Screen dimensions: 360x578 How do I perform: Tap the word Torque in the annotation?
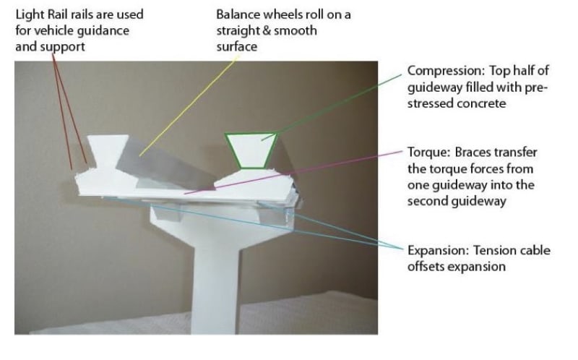(x=425, y=153)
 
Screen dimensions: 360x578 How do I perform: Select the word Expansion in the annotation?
(x=436, y=250)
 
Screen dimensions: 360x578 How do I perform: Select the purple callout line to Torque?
(x=303, y=171)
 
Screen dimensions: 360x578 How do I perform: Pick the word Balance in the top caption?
(x=238, y=14)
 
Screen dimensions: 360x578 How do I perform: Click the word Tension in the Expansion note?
(x=495, y=250)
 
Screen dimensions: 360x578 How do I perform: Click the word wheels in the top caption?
(x=281, y=14)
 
